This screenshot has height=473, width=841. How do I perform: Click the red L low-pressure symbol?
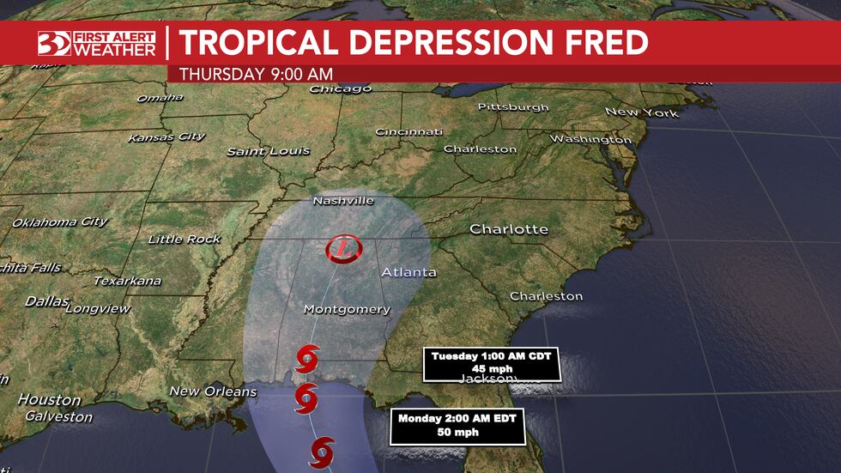pos(344,250)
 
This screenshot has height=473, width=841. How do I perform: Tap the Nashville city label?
pos(344,200)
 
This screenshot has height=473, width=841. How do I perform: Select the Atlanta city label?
pos(408,272)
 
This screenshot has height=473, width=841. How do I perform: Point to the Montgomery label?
pos(347,309)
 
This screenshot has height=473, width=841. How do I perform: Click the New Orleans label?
pos(213,391)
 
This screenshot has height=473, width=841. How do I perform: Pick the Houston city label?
pos(49,400)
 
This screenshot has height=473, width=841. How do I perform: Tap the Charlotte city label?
pos(508,229)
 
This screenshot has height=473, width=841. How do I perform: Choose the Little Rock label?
pos(184,240)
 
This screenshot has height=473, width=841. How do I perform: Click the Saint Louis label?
pos(268,151)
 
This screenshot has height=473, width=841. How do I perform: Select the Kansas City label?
pos(166,137)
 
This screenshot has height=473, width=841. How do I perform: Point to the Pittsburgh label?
pos(513,107)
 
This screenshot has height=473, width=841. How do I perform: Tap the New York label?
pos(642,112)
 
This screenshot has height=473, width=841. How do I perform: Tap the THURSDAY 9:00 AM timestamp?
pos(256,74)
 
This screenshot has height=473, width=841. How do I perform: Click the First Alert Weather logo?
pos(96,43)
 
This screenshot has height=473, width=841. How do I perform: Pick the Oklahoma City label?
pos(59,222)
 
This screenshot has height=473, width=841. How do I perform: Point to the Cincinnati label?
pos(408,132)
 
